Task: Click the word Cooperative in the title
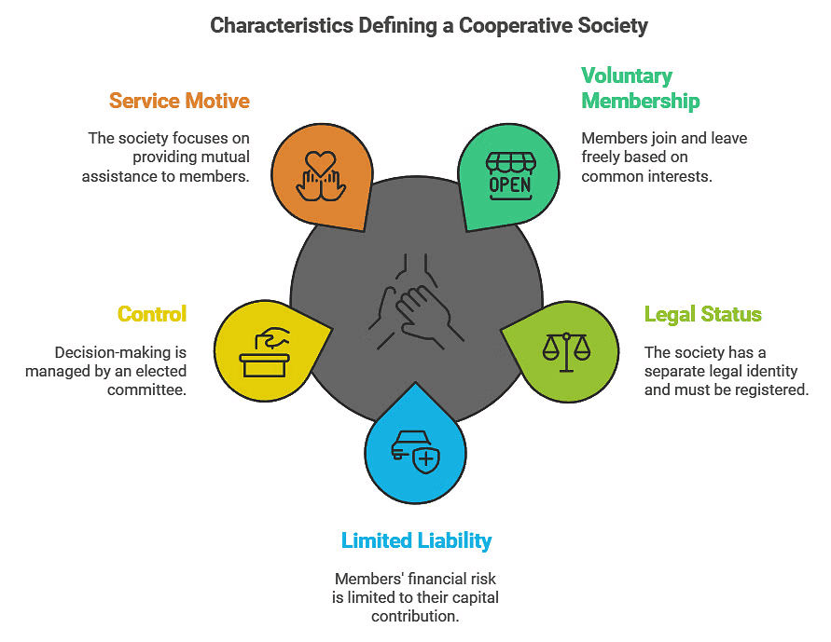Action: pyautogui.click(x=497, y=25)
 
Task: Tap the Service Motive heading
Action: pyautogui.click(x=179, y=101)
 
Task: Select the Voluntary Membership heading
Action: pyautogui.click(x=640, y=88)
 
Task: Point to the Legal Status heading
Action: pyautogui.click(x=702, y=314)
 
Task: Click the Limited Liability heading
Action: pyautogui.click(x=416, y=540)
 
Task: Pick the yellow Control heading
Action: pyautogui.click(x=152, y=314)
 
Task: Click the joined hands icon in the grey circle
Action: pyautogui.click(x=416, y=303)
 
